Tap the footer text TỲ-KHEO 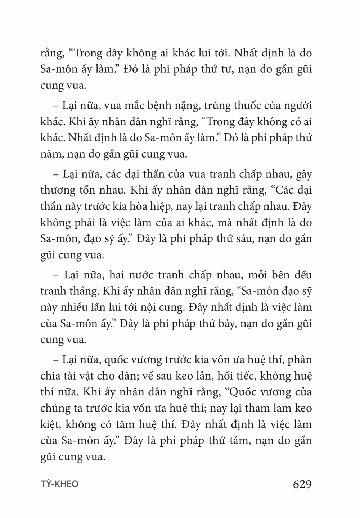pos(59,484)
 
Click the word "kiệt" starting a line pos(50,424)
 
